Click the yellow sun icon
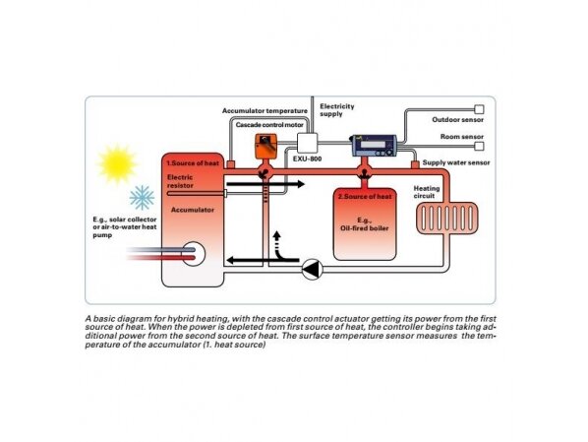click(x=117, y=163)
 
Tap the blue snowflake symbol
click(x=143, y=198)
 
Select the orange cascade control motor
click(x=265, y=147)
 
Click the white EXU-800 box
click(x=308, y=143)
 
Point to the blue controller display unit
click(x=374, y=146)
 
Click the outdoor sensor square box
click(x=479, y=109)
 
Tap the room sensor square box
click(x=479, y=146)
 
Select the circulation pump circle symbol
click(x=313, y=269)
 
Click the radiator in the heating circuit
click(x=447, y=219)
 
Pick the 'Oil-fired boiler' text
click(x=365, y=228)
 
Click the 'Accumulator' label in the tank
click(x=193, y=210)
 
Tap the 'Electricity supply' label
click(x=336, y=110)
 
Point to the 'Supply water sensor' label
click(x=456, y=162)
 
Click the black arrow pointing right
click(x=265, y=184)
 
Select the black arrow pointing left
click(x=264, y=260)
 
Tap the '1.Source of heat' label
click(x=193, y=163)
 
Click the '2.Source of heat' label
click(x=365, y=197)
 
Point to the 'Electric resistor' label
click(x=180, y=181)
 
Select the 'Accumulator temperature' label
click(x=265, y=111)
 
